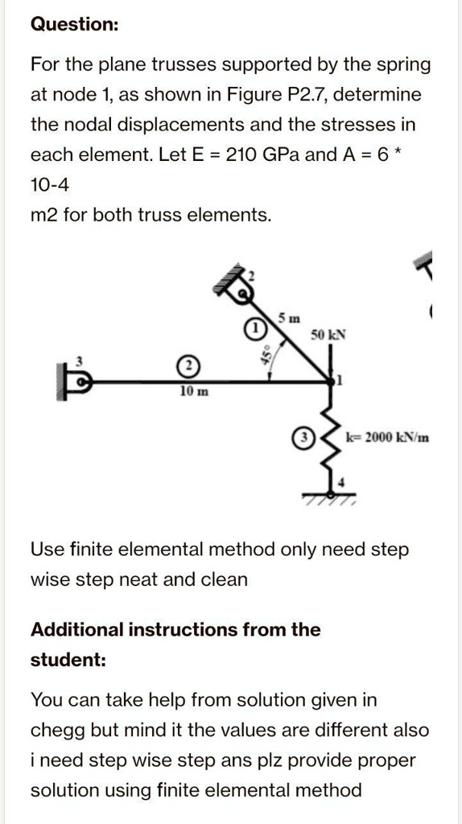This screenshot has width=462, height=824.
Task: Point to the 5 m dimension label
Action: [287, 316]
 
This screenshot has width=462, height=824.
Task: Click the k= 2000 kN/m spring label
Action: [387, 438]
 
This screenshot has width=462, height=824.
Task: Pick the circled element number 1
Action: [254, 329]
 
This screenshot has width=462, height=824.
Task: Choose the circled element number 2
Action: [188, 367]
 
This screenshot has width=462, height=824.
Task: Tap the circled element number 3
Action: [303, 439]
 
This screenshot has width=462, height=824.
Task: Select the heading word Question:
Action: [74, 25]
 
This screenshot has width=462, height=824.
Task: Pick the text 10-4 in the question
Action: [50, 185]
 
